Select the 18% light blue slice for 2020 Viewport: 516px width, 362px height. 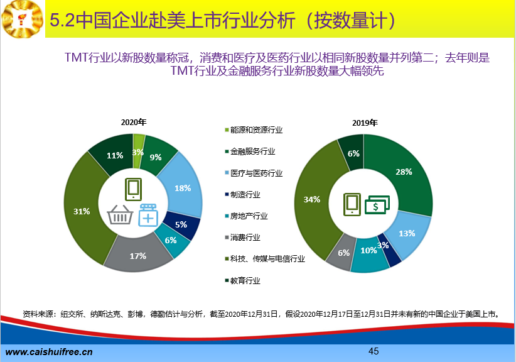(x=183, y=188)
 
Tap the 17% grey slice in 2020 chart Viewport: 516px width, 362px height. (x=137, y=256)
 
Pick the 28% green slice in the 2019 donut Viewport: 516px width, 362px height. (x=404, y=172)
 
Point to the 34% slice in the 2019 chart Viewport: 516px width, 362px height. (x=311, y=199)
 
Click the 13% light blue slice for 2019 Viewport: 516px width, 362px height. (x=407, y=234)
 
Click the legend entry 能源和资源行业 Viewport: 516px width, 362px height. (x=254, y=130)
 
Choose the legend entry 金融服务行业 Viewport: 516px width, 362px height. (x=250, y=151)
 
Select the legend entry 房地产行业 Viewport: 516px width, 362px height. (x=247, y=216)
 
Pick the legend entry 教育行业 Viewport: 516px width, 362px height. (x=242, y=281)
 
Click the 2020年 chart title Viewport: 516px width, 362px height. (x=134, y=122)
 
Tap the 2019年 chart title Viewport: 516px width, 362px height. (x=365, y=123)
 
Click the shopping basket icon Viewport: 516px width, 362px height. (x=120, y=214)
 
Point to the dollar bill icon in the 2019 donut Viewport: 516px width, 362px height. (x=377, y=204)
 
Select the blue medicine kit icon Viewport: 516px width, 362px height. (x=148, y=215)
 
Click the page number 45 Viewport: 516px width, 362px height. (x=374, y=351)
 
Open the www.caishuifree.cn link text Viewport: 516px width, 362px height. (x=49, y=352)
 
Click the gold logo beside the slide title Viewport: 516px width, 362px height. (x=23, y=19)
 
